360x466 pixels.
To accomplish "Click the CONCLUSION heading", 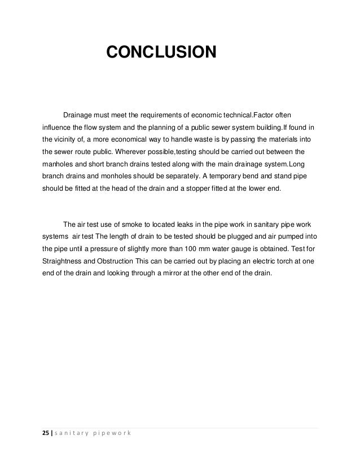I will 161,53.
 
